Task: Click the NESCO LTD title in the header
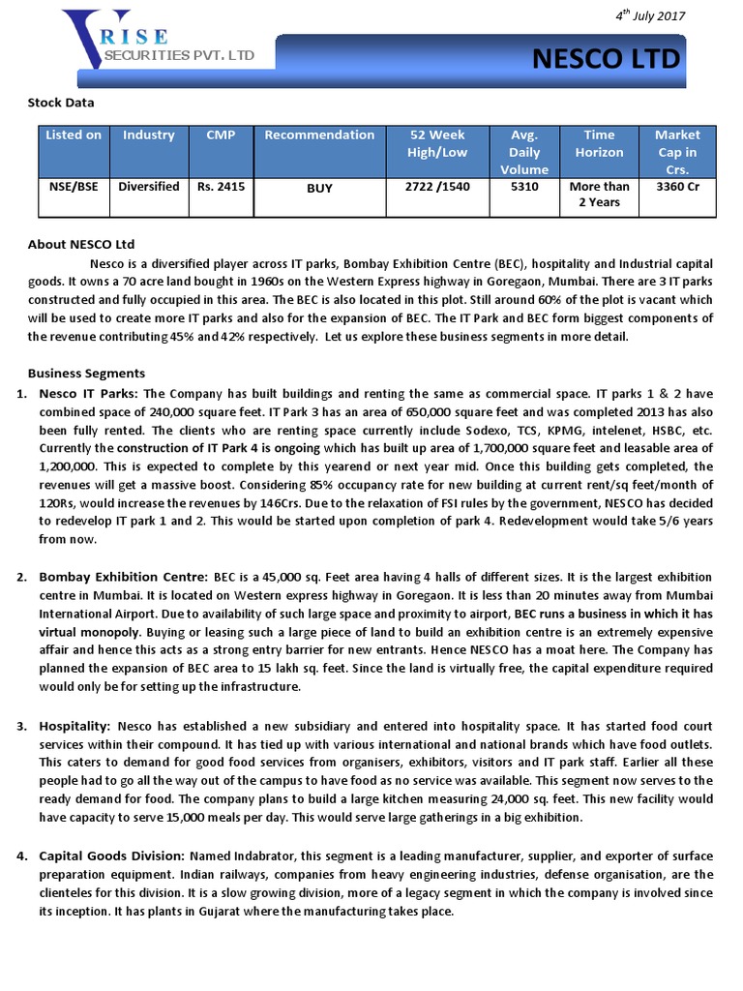point(607,60)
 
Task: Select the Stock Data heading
point(61,102)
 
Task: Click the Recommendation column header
point(319,135)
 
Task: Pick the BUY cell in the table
point(319,188)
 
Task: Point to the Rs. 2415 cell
point(222,187)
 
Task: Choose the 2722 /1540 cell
point(439,187)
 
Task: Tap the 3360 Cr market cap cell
point(677,187)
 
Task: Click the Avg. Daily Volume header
point(524,152)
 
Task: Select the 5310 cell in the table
point(524,187)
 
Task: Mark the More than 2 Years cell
point(600,195)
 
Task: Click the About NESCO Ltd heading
point(81,245)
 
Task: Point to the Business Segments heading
point(87,374)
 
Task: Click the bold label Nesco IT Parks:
point(90,394)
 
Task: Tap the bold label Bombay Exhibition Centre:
point(123,577)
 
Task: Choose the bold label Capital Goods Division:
point(111,856)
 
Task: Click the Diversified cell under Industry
point(148,187)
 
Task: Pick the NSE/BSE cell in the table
point(74,187)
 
